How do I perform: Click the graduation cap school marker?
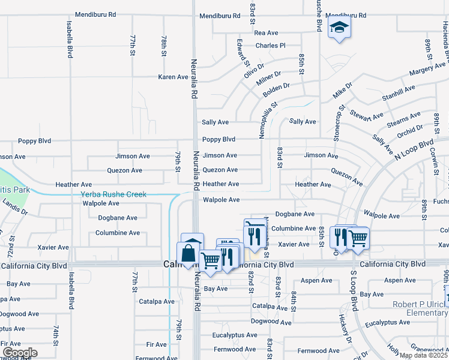(x=339, y=29)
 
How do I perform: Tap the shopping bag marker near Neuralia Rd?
(x=189, y=254)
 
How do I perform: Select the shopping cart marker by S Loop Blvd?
(x=358, y=238)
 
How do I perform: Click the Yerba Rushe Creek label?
(x=113, y=194)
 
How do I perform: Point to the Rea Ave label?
(x=267, y=33)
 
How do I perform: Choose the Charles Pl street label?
(x=270, y=45)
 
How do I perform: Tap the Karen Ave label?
(x=173, y=77)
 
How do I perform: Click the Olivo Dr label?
(x=255, y=71)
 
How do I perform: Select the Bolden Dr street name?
(x=276, y=91)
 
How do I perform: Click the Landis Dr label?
(x=14, y=208)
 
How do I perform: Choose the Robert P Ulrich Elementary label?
(x=420, y=308)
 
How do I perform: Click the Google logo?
(x=20, y=353)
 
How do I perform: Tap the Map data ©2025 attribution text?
(x=424, y=355)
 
